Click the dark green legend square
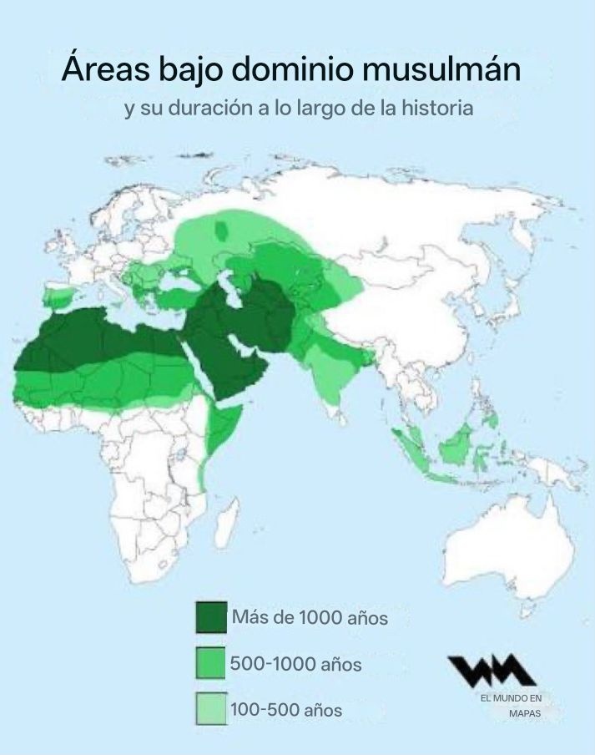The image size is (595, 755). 211,618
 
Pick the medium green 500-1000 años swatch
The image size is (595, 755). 211,664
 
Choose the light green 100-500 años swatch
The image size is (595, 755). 211,709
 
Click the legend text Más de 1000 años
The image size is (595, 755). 310,619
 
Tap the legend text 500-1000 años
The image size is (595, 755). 295,665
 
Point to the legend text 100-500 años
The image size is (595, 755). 286,710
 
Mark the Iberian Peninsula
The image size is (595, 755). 60,296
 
